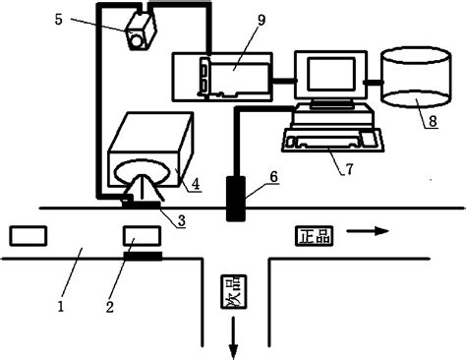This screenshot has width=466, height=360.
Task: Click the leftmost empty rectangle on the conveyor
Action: (x=26, y=235)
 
